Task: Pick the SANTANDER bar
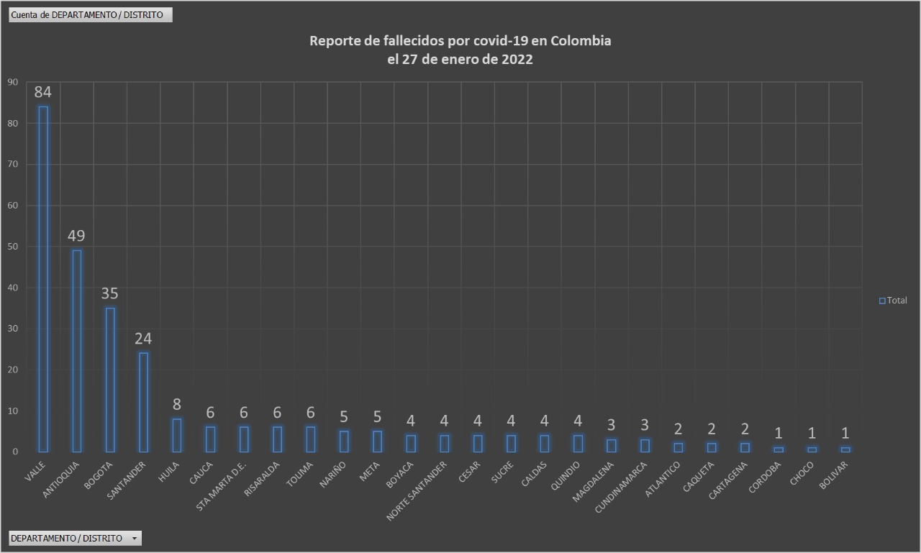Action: (x=143, y=402)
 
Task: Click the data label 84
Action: (x=42, y=92)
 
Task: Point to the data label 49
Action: (x=76, y=236)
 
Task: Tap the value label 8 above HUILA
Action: (x=176, y=404)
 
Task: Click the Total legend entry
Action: (x=893, y=301)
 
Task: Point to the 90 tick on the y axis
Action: (x=12, y=82)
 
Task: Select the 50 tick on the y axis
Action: (x=12, y=247)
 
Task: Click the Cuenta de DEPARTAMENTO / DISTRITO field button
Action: (x=91, y=14)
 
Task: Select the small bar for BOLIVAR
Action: (x=845, y=449)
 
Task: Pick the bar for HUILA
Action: (x=176, y=435)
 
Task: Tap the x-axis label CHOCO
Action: (x=802, y=474)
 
